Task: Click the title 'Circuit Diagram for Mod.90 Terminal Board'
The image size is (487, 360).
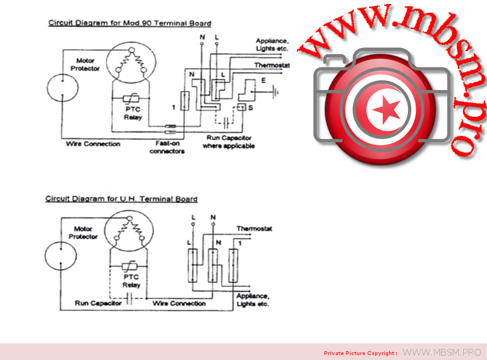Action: (x=129, y=23)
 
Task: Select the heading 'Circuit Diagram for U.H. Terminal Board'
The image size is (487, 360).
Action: (x=121, y=199)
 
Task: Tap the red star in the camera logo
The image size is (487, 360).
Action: (x=386, y=109)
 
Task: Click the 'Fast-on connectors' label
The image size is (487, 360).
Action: (x=167, y=148)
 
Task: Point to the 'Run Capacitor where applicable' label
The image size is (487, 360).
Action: (x=228, y=142)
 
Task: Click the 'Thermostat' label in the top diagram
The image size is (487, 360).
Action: (x=272, y=65)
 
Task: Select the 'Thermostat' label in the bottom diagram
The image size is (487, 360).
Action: (x=254, y=228)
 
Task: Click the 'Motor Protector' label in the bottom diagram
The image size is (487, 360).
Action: (x=83, y=233)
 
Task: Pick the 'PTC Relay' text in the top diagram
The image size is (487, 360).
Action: (x=133, y=113)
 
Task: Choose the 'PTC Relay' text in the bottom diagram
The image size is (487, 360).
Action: (x=131, y=281)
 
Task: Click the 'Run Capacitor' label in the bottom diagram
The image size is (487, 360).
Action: (x=98, y=304)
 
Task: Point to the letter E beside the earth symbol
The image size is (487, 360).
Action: (x=263, y=81)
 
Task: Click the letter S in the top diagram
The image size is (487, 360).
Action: (x=250, y=107)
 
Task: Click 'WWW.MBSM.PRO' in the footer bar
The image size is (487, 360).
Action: (x=442, y=352)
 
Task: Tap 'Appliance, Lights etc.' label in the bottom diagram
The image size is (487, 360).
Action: (x=253, y=300)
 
